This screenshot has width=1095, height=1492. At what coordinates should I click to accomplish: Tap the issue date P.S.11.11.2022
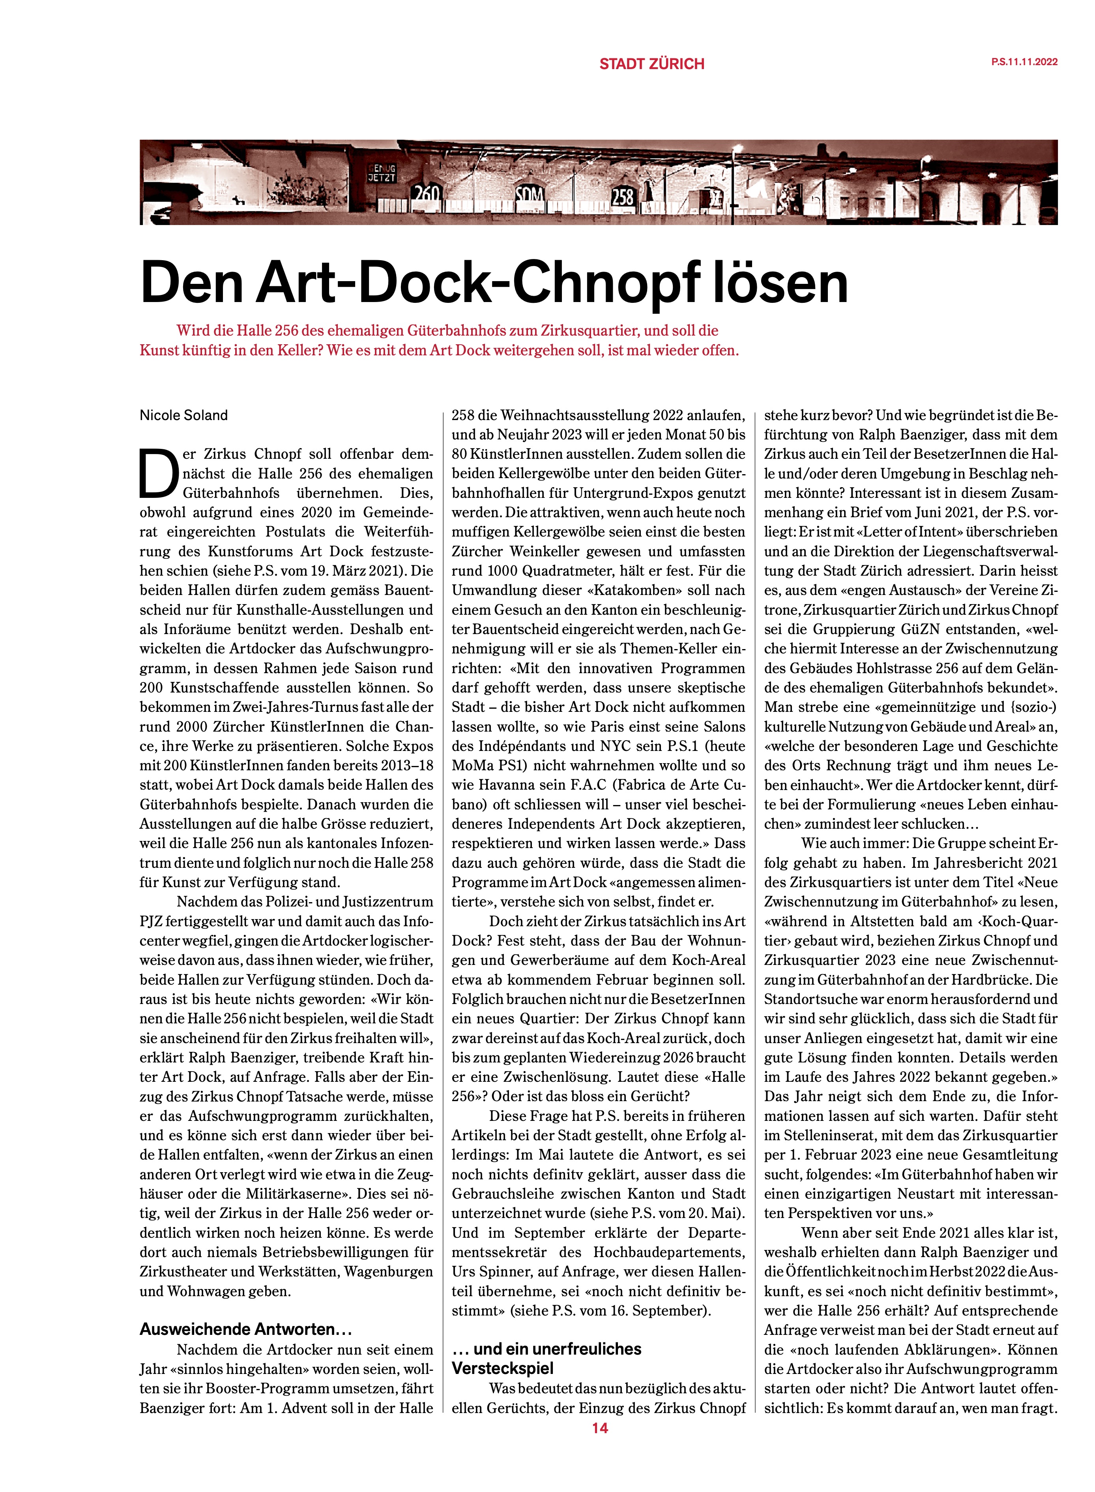1024,62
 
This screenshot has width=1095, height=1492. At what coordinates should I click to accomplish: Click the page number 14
600,1428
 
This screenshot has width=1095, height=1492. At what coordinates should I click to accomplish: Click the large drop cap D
158,473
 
